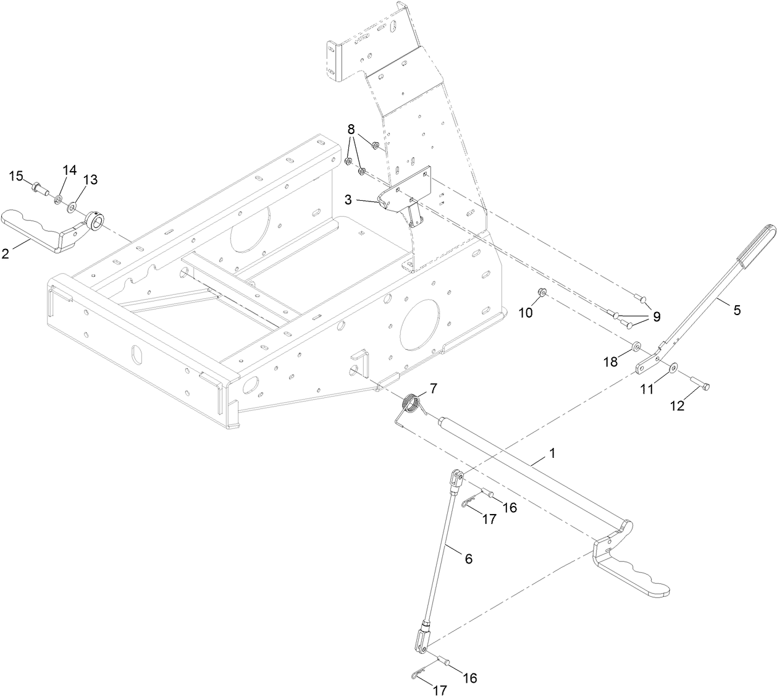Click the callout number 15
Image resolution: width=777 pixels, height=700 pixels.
16,176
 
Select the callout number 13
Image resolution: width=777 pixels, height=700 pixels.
90,179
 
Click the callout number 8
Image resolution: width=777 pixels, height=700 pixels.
351,129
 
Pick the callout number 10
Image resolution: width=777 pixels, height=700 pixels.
525,313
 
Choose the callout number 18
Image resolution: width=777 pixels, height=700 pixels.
610,363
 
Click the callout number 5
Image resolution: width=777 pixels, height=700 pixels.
736,310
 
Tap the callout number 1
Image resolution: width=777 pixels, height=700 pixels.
552,453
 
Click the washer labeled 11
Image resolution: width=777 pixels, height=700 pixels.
673,368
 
